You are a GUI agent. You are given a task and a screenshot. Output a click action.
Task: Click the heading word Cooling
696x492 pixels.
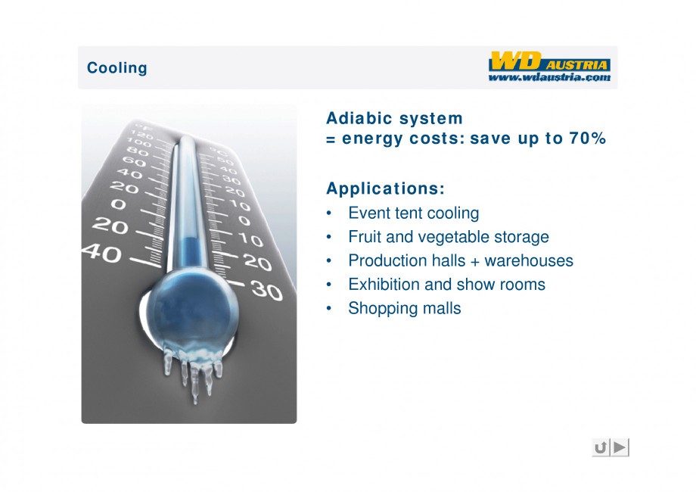[x=117, y=68]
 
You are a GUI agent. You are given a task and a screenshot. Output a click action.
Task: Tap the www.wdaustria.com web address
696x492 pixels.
[x=549, y=77]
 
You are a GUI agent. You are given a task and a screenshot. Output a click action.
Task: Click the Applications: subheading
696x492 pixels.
[x=385, y=188]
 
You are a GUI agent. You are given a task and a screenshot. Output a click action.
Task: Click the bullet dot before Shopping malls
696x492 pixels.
[x=329, y=308]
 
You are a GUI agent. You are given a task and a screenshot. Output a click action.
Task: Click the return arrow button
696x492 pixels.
[x=601, y=447]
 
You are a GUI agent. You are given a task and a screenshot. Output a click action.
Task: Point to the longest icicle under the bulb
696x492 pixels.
[x=194, y=383]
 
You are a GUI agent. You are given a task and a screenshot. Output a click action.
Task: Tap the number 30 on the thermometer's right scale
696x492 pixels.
[x=266, y=290]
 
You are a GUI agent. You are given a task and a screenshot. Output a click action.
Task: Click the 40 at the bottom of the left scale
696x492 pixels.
[x=102, y=254]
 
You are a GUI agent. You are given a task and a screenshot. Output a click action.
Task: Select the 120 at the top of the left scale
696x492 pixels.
[x=141, y=134]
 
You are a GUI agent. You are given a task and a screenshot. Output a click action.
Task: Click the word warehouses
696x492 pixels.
[x=529, y=260]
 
